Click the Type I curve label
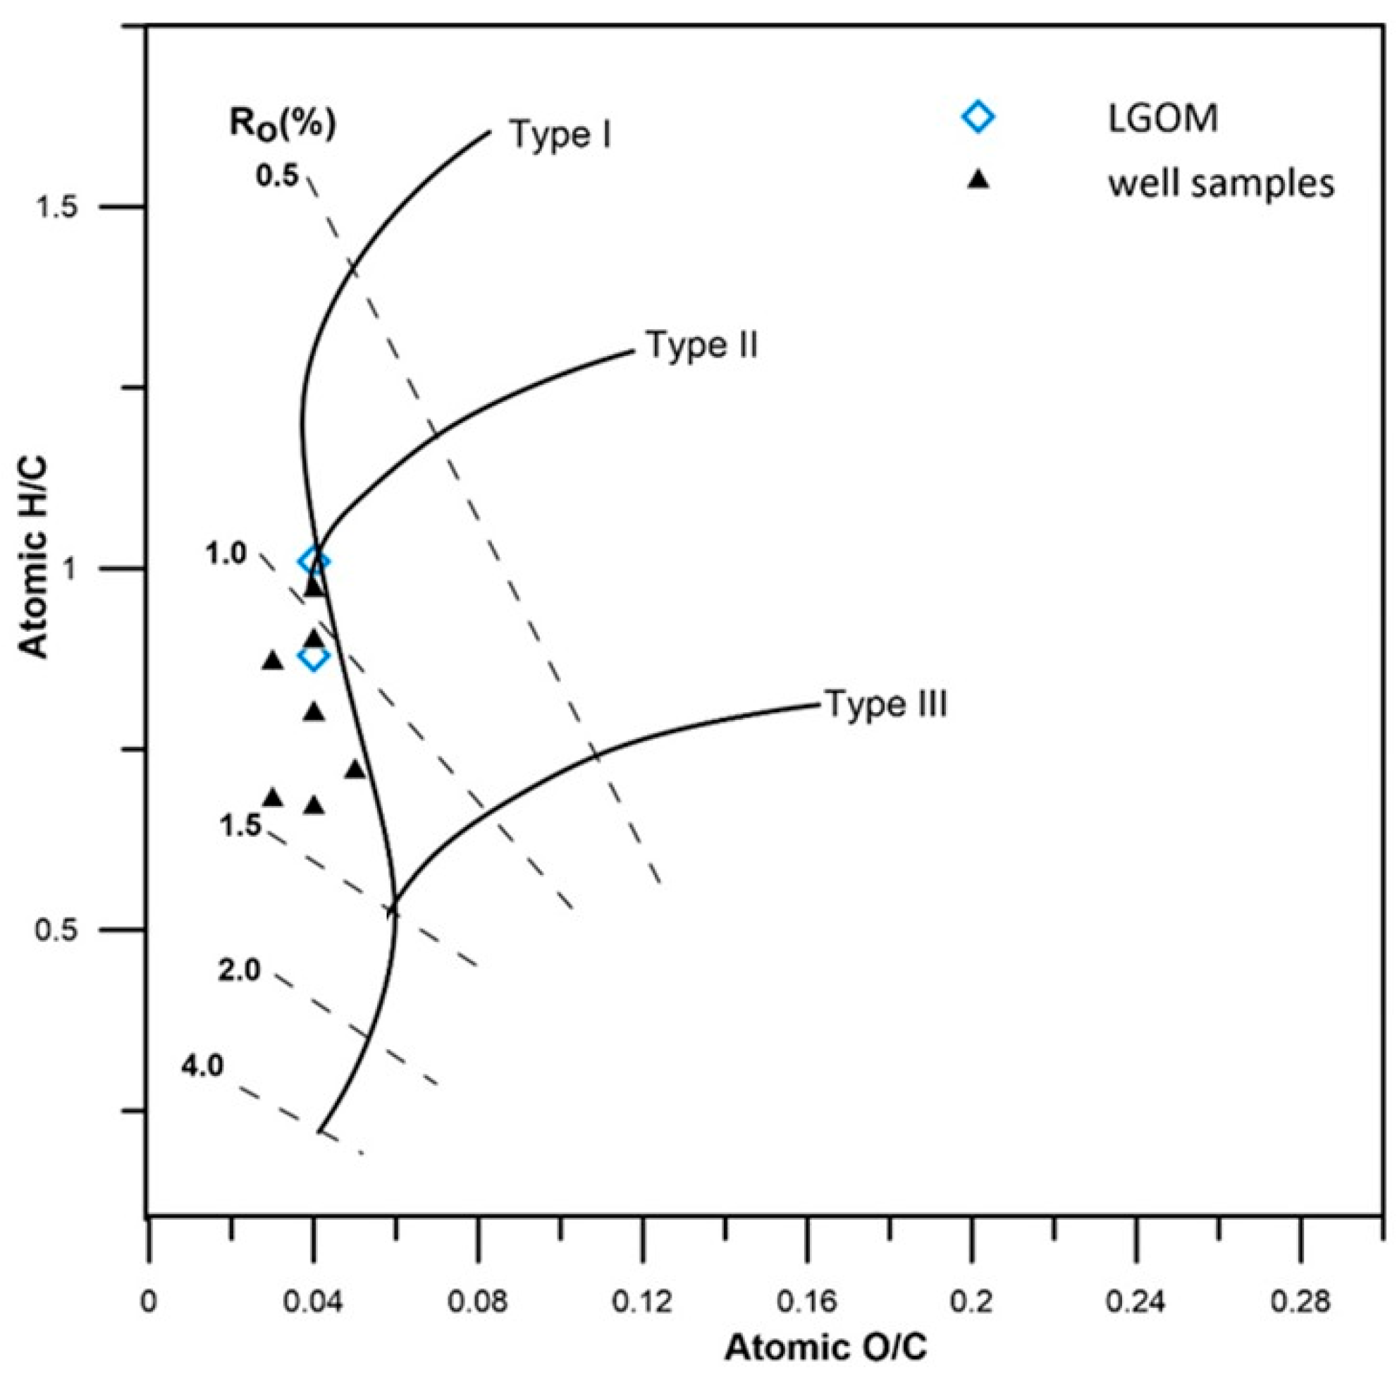pyautogui.click(x=560, y=135)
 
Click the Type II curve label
pyautogui.click(x=701, y=345)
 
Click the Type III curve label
pyautogui.click(x=886, y=704)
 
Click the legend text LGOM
pyautogui.click(x=1163, y=118)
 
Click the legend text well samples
pyautogui.click(x=1221, y=185)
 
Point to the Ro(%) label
pyautogui.click(x=283, y=123)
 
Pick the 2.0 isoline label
pyautogui.click(x=239, y=970)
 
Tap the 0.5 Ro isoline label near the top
pyautogui.click(x=277, y=175)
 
